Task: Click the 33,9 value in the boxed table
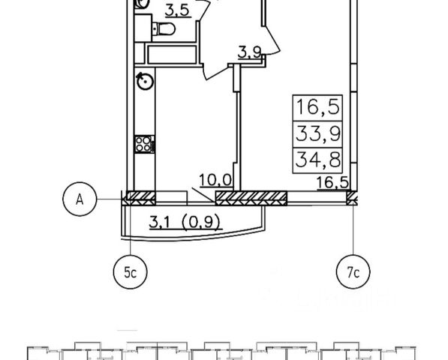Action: [x=318, y=134]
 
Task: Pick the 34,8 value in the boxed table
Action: [x=318, y=160]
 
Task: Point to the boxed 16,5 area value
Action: [x=318, y=107]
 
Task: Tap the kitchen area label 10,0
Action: [x=215, y=181]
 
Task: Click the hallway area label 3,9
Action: [x=249, y=53]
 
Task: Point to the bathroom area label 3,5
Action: [x=178, y=11]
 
